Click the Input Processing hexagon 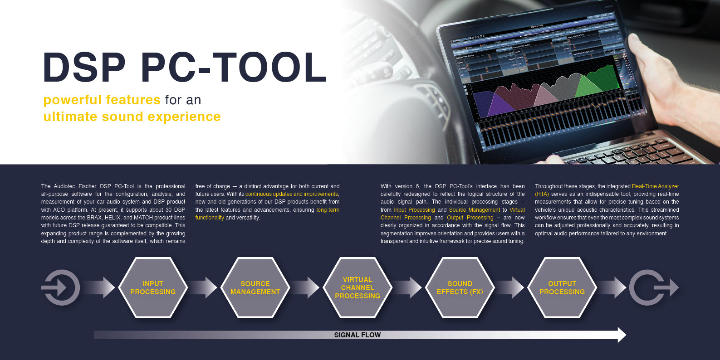point(153,287)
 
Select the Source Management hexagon point(255,287)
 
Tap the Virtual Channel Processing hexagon point(358,287)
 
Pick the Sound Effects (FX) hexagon point(460,287)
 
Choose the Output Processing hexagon point(562,287)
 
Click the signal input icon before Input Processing point(61,287)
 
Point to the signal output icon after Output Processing point(653,287)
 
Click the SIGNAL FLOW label point(358,335)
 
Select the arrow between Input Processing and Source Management point(204,287)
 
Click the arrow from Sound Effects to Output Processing point(511,287)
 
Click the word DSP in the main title point(84,68)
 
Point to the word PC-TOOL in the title point(234,68)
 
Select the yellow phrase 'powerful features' point(102,100)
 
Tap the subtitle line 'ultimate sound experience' point(132,117)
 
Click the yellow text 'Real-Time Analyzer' point(655,186)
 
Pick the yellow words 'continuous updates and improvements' point(291,194)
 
